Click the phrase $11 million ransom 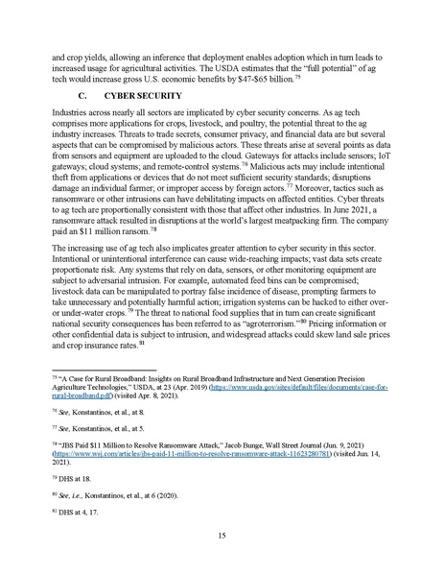coord(113,230)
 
